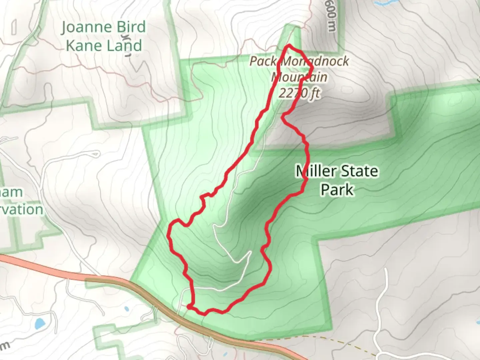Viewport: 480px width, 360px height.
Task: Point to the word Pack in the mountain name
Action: tap(263, 61)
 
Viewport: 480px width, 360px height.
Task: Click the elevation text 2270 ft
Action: tap(299, 93)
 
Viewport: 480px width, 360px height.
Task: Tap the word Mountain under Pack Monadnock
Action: tap(299, 77)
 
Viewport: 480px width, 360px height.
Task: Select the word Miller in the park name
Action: tap(316, 171)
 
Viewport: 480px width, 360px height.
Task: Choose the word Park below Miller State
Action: tap(337, 189)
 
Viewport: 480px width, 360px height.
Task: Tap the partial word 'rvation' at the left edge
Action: tap(22, 210)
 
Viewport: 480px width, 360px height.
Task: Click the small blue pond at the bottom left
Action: tap(40, 323)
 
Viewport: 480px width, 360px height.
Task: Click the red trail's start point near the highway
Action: tap(189, 306)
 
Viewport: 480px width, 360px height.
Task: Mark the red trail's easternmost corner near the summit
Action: tap(312, 68)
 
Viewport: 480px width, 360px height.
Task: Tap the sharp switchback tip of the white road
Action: tap(250, 253)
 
